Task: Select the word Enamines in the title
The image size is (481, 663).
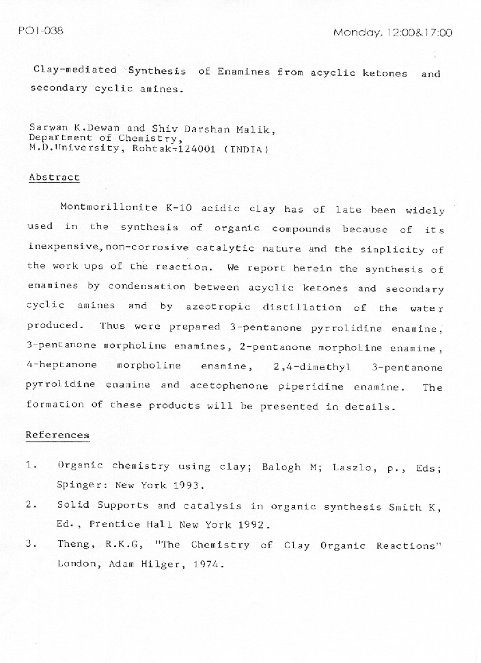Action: (x=243, y=72)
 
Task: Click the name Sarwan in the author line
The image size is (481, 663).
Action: (x=46, y=128)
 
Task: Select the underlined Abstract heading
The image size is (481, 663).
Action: (x=54, y=177)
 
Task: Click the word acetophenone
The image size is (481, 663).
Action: (x=229, y=386)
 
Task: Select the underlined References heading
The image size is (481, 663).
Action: (x=57, y=435)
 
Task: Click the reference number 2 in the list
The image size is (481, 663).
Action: (x=30, y=505)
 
